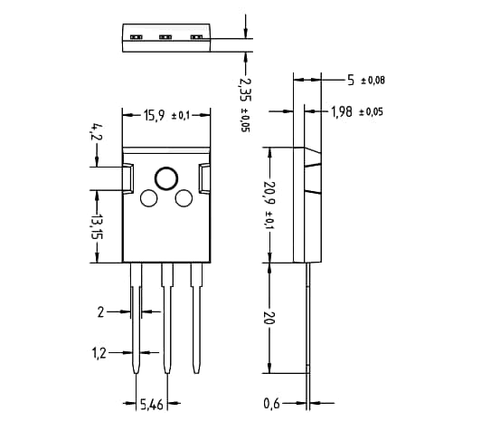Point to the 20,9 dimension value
(269, 194)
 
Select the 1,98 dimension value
(341, 111)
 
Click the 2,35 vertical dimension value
(243, 91)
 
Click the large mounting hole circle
(166, 178)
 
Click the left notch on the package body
(128, 179)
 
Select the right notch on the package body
(205, 179)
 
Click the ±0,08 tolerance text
(373, 81)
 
